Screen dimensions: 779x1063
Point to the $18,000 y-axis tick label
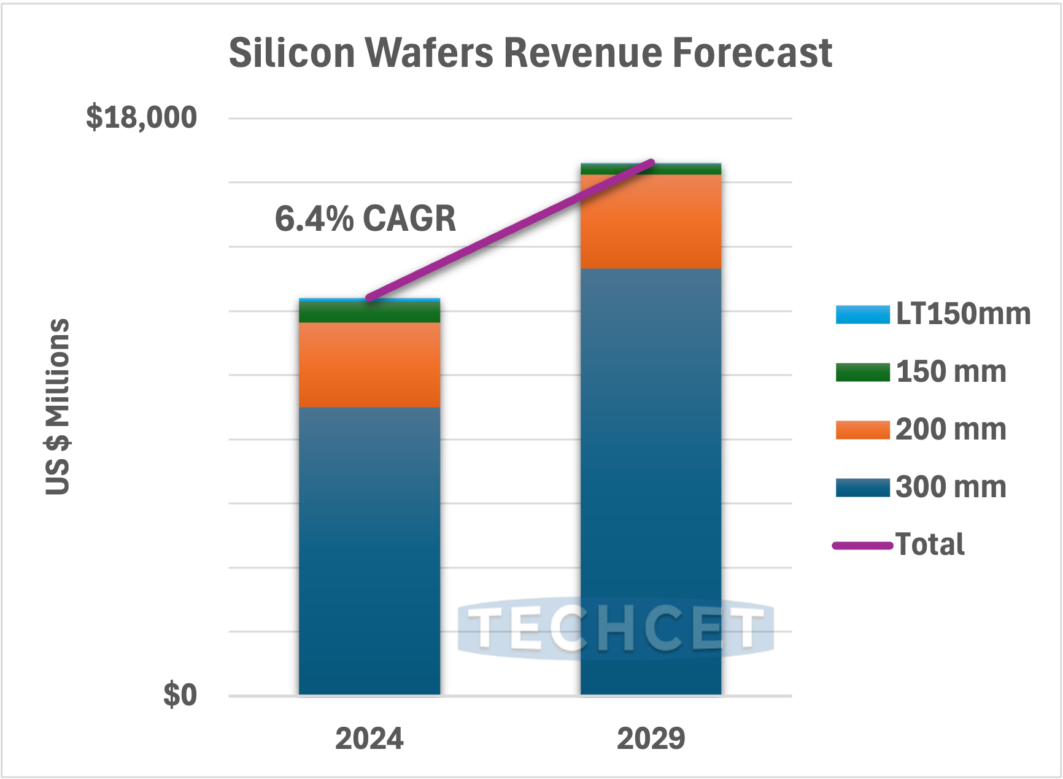141,117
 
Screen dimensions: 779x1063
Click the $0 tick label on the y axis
180,696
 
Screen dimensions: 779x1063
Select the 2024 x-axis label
369,738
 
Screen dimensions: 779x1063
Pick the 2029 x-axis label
651,738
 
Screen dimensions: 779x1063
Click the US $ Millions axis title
58,406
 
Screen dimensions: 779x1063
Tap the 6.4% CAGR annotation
365,219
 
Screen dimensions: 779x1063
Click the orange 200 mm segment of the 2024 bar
369,365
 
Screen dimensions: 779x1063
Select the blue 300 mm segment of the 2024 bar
369,552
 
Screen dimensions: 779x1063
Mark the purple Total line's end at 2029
652,163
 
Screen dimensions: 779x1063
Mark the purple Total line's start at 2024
369,298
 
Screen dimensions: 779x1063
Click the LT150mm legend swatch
862,314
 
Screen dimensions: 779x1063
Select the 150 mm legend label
951,372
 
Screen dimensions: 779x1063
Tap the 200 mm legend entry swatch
862,430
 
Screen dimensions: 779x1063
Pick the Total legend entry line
862,545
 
